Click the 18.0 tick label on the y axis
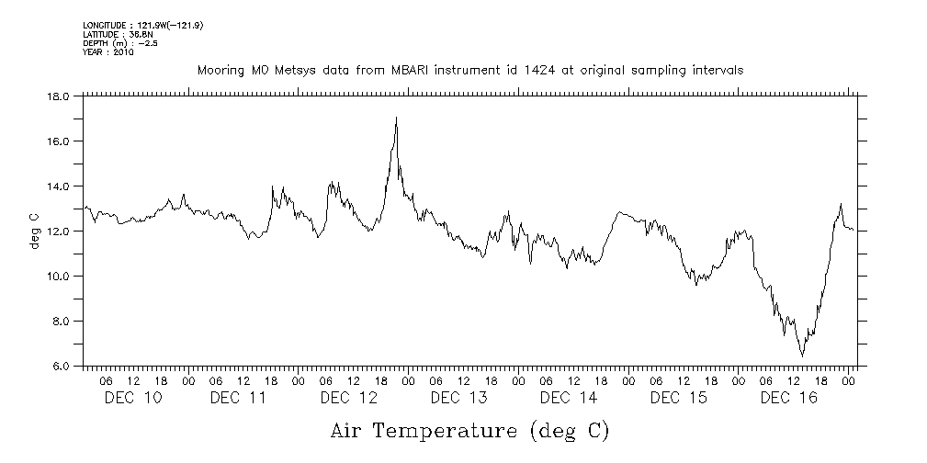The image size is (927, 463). (x=59, y=96)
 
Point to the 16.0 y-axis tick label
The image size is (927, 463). (x=59, y=141)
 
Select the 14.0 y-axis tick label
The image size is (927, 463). (x=59, y=186)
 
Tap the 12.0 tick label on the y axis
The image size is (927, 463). (x=59, y=231)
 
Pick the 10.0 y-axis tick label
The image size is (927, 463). (x=59, y=276)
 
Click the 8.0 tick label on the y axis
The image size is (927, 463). (x=62, y=321)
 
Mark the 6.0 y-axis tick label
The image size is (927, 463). (x=62, y=366)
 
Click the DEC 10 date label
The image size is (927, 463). (x=132, y=398)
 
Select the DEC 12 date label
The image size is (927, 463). (x=349, y=398)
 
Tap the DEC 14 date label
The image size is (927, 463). (x=569, y=398)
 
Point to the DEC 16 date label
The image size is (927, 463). (x=788, y=398)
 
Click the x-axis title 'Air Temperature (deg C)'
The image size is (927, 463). (x=469, y=430)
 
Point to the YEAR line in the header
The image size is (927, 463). (x=108, y=52)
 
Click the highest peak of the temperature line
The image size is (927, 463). (x=396, y=117)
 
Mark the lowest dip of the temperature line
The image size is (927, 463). (x=802, y=356)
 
